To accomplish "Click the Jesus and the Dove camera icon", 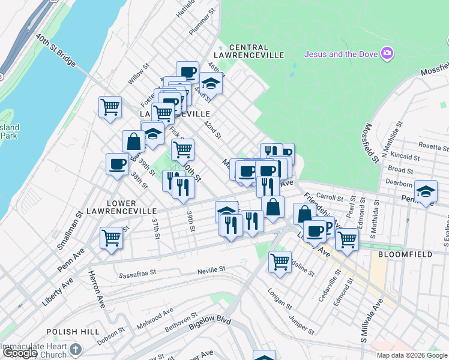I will (387, 53).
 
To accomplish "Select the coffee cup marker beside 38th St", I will (117, 164).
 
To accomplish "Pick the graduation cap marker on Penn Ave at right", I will (426, 191).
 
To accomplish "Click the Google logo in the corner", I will (20, 353).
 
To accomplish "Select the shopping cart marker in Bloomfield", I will (347, 239).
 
